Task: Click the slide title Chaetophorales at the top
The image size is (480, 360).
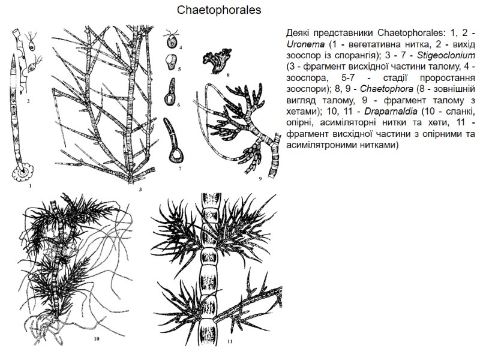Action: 219,11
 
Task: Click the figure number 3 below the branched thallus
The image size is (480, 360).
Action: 139,190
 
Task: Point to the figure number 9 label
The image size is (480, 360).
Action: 260,179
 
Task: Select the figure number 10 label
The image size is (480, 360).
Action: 96,339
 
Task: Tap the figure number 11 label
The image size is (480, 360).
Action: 229,342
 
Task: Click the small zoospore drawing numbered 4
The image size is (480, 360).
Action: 173,41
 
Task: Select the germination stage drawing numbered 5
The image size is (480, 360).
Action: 171,61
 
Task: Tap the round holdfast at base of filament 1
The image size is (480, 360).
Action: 25,173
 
